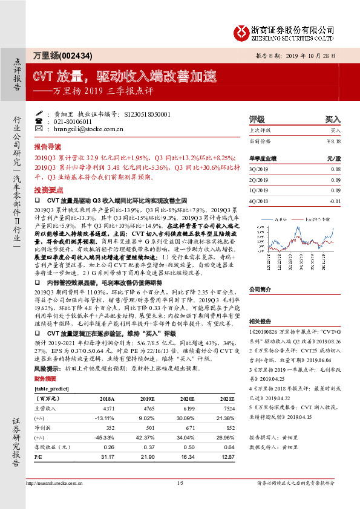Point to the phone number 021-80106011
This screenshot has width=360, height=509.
pyautogui.click(x=74, y=122)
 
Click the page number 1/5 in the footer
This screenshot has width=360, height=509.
pyautogui.click(x=180, y=500)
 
